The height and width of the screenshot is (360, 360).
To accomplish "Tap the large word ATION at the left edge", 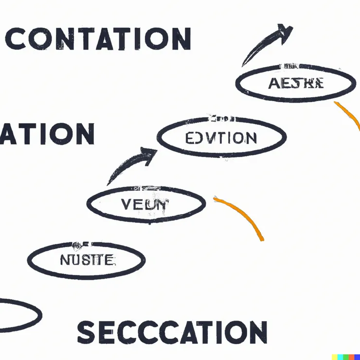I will tap(47, 134).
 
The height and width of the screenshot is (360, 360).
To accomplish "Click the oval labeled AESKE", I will tap(296, 83).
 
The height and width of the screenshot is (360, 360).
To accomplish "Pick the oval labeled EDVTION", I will tap(221, 138).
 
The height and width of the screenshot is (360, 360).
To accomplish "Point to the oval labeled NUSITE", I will tap(86, 260).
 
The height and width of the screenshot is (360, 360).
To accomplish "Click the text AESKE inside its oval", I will tap(296, 83).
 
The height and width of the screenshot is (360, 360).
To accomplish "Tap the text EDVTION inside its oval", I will tap(221, 138).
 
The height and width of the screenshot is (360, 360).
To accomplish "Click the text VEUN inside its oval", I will tap(146, 204).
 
